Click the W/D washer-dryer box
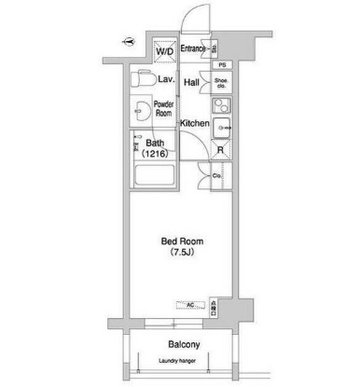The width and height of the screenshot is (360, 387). [164, 51]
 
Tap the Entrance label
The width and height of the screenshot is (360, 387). [193, 48]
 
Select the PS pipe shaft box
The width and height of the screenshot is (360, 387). [222, 64]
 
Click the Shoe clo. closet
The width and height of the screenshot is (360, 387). [221, 83]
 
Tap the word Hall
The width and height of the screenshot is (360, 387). [192, 83]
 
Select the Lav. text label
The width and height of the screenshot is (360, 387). [167, 79]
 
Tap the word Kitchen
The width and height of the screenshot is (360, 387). [193, 123]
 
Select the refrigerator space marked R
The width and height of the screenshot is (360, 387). [220, 149]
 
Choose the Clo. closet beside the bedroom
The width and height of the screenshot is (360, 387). [215, 175]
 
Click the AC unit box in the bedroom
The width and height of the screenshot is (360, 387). [188, 305]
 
